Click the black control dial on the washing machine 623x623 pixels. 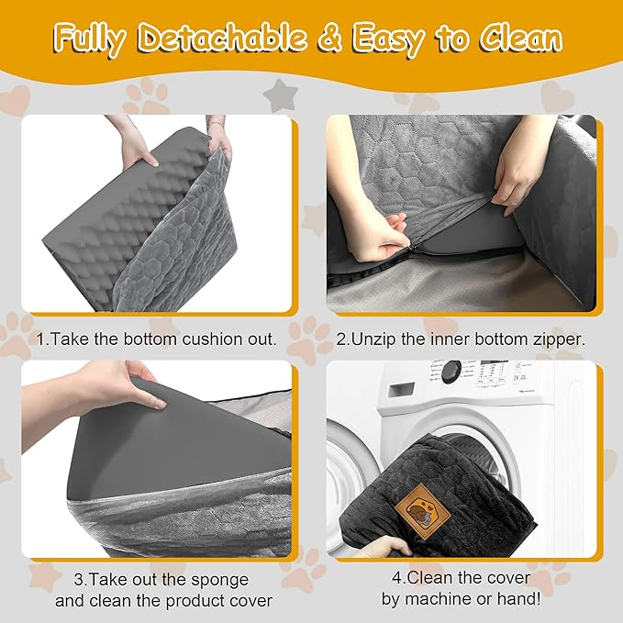450,373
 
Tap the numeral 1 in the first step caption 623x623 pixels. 40,339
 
